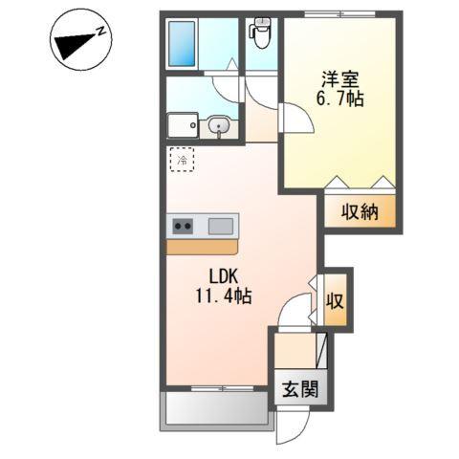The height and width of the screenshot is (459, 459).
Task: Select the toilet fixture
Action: tap(261, 35)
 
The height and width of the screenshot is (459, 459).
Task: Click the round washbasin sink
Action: tap(219, 124)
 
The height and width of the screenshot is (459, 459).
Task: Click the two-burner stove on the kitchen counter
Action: tap(182, 227)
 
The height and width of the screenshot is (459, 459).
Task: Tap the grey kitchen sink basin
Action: tap(221, 227)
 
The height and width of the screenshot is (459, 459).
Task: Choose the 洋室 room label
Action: tap(339, 77)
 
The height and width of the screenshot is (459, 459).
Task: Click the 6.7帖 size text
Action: tap(339, 98)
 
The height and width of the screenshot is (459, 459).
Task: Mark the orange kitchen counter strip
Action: tap(203, 247)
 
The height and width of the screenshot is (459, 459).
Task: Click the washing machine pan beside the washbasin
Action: tap(182, 125)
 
